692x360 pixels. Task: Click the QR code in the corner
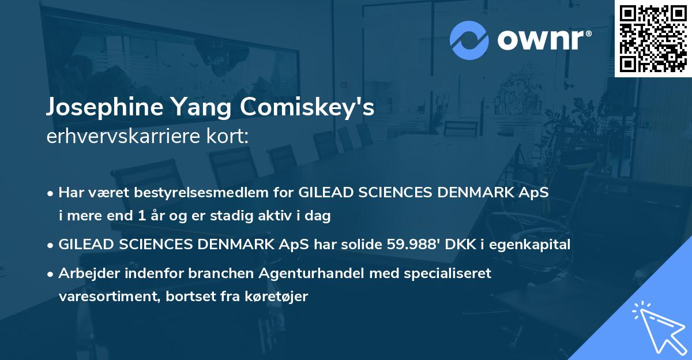pyautogui.click(x=653, y=38)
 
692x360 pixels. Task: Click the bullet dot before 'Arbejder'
pyautogui.click(x=51, y=273)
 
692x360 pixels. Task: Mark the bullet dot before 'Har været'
pyautogui.click(x=51, y=193)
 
